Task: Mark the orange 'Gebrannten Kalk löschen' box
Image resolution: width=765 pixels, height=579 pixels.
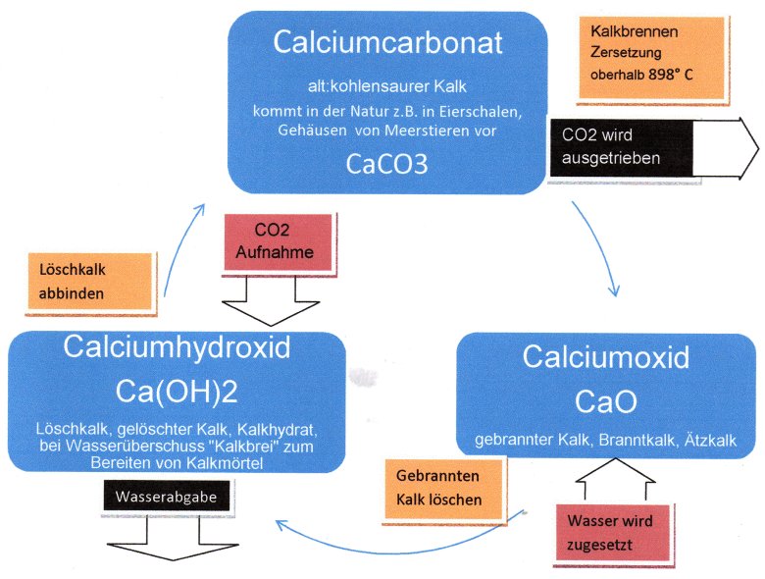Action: click(x=446, y=489)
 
